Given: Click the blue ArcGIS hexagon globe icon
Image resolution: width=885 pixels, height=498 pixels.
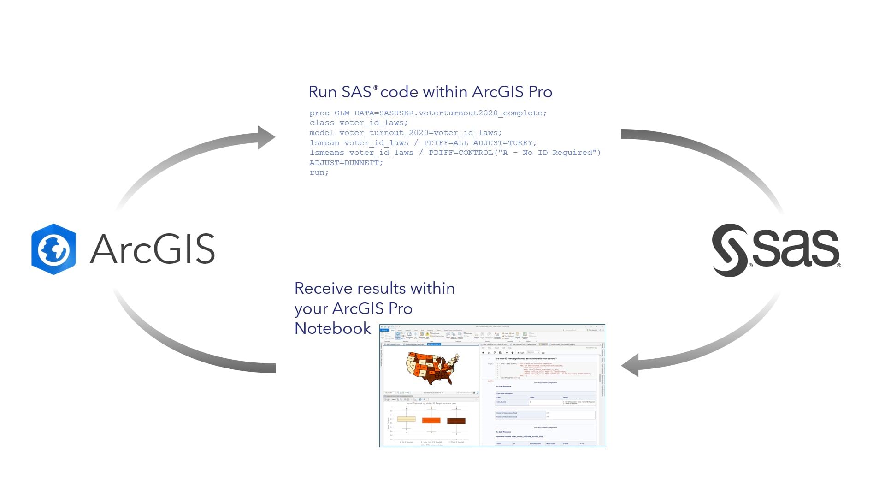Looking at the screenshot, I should (x=53, y=249).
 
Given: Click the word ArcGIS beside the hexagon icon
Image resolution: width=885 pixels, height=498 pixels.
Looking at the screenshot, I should (x=153, y=249).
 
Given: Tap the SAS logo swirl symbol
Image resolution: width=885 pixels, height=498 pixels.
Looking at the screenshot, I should (x=730, y=250).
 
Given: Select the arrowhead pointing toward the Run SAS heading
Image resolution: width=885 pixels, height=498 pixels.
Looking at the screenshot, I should (x=266, y=137).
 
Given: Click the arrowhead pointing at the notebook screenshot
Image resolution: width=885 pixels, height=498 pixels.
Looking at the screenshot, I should (x=631, y=365).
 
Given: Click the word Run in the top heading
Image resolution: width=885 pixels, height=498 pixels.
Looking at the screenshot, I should (x=322, y=92).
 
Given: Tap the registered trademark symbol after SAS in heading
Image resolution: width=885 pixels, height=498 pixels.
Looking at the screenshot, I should (x=376, y=88).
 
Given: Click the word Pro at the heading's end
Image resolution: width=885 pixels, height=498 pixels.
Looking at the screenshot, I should (x=540, y=92).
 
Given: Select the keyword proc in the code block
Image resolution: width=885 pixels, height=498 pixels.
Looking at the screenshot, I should (x=319, y=113).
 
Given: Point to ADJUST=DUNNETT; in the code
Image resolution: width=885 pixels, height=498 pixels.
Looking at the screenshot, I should (x=346, y=163).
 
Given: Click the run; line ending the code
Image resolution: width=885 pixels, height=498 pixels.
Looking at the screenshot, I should (x=319, y=172).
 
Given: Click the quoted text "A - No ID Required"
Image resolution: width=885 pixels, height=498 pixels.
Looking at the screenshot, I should (x=547, y=153).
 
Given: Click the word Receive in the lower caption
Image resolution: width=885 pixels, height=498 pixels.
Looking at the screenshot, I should (x=324, y=288).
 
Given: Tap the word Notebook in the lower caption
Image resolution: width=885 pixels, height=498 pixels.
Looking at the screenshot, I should (x=332, y=328).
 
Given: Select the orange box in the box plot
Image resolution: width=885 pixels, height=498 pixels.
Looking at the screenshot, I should (x=431, y=420).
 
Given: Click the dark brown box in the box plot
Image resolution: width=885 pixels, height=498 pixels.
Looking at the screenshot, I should (x=456, y=421).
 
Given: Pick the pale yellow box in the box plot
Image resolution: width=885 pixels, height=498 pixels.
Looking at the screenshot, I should (x=406, y=419).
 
